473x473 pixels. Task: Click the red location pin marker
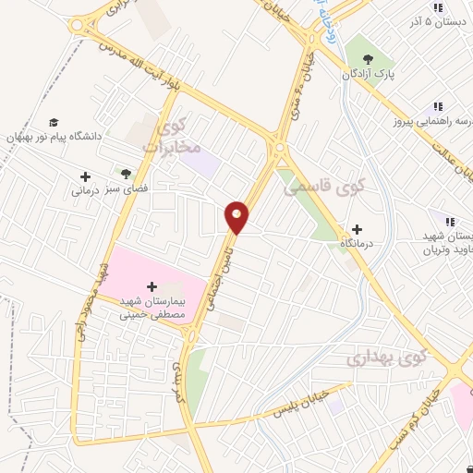237,216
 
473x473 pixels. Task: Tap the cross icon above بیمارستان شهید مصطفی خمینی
152,286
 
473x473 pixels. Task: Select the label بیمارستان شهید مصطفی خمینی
153,308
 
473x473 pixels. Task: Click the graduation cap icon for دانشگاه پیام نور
55,122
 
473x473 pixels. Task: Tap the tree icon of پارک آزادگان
370,57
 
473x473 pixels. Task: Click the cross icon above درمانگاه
358,228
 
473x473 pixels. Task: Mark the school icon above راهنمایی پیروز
437,107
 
